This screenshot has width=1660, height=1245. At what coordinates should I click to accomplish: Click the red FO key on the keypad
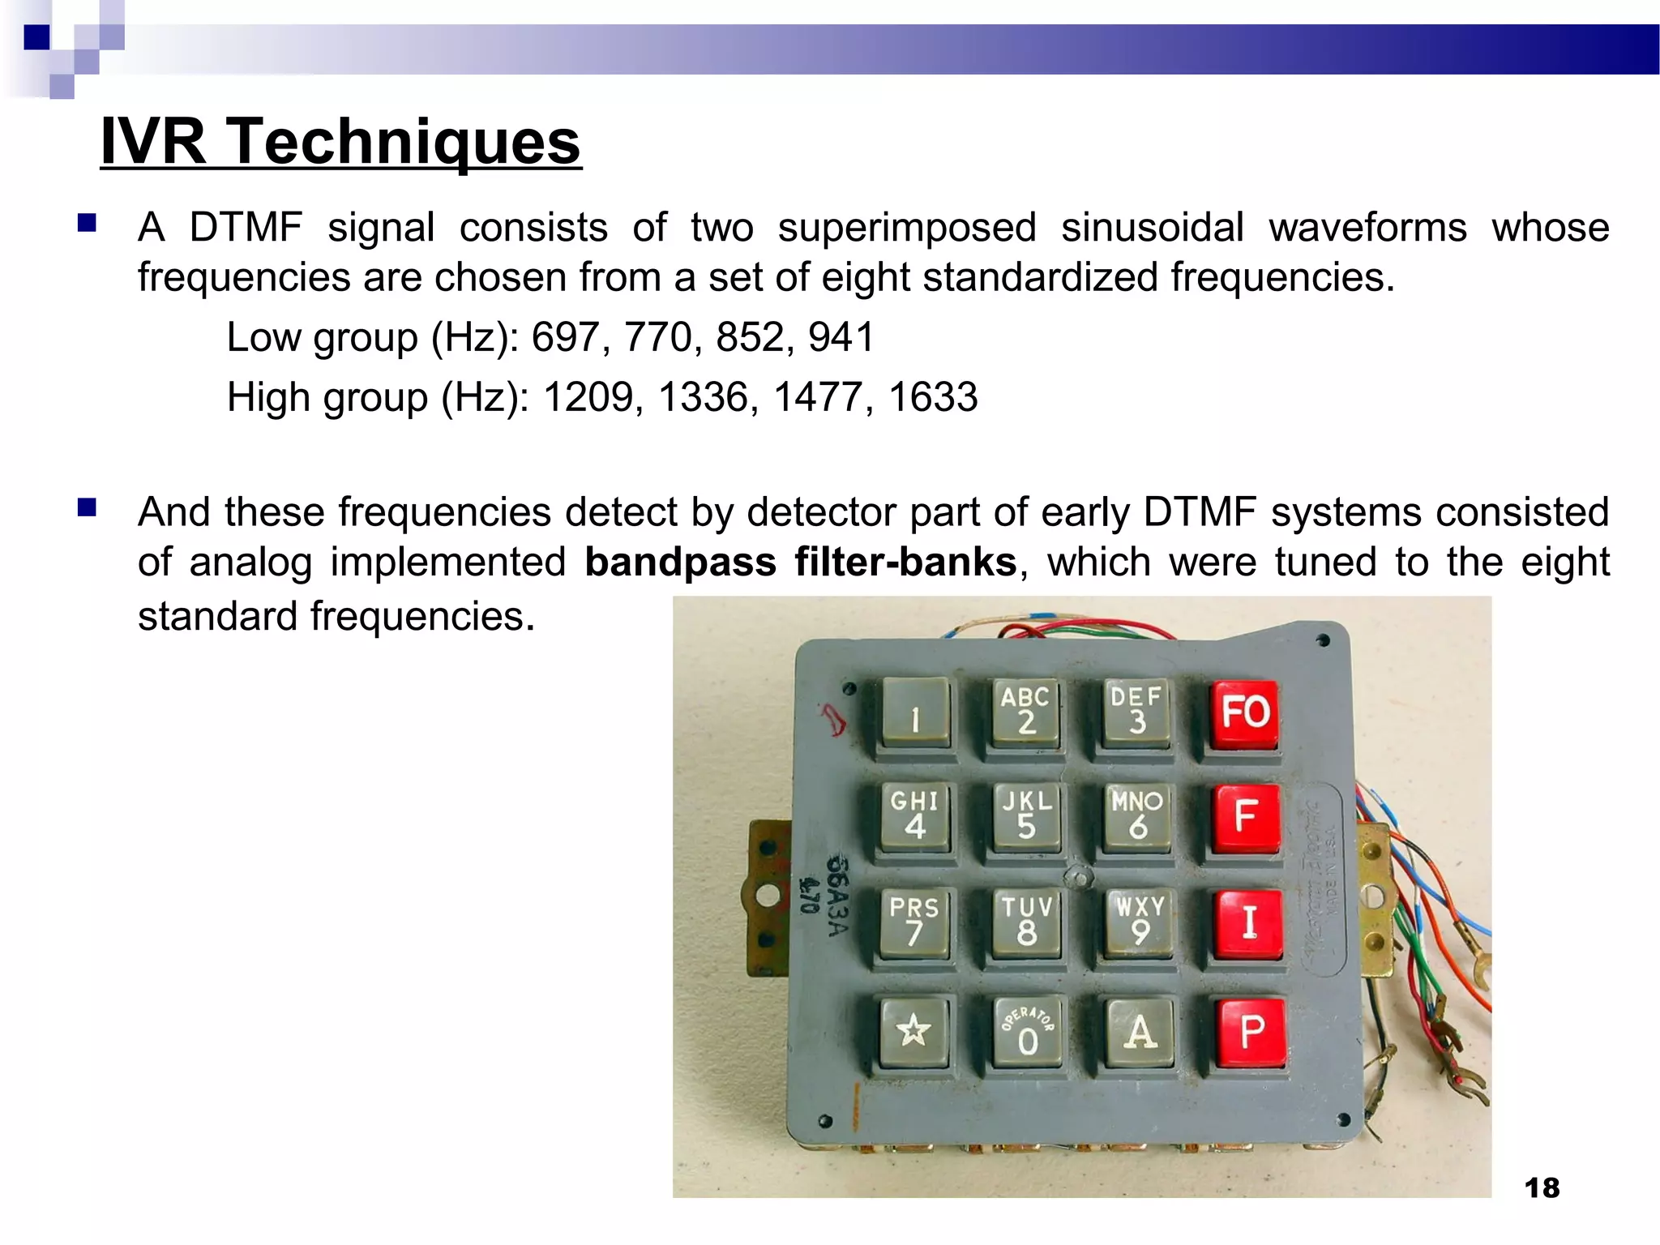coord(1244,713)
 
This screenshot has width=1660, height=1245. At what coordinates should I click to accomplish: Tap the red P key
coord(1251,1031)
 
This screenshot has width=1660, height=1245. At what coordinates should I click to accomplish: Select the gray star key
coord(913,1031)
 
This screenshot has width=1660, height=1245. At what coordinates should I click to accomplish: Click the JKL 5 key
coord(1026,815)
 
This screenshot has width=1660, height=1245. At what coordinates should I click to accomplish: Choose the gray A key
coord(1140,1032)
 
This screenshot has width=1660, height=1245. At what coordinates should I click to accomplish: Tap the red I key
coord(1248,922)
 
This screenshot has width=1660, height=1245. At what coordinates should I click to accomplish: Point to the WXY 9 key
coord(1140,922)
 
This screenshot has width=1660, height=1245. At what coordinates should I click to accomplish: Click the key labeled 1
coord(915,713)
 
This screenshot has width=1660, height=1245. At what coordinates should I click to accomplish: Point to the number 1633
coord(933,397)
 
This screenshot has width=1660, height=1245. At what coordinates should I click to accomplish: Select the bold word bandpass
coord(680,563)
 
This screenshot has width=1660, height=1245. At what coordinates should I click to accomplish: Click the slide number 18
coord(1542,1188)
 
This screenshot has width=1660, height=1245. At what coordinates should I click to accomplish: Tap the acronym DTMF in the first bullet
coord(246,228)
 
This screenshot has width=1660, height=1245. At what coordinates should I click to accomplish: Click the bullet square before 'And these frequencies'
coord(87,508)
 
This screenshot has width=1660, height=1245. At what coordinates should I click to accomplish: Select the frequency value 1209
coord(588,397)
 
